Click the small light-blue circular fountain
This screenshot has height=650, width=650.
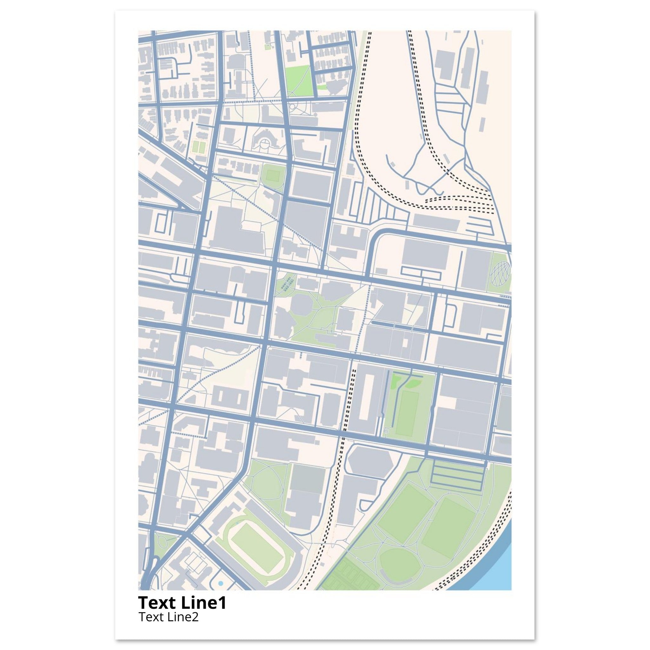[220, 583]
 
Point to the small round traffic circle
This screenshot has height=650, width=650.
[293, 107]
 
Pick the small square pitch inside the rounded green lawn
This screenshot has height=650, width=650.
[272, 175]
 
